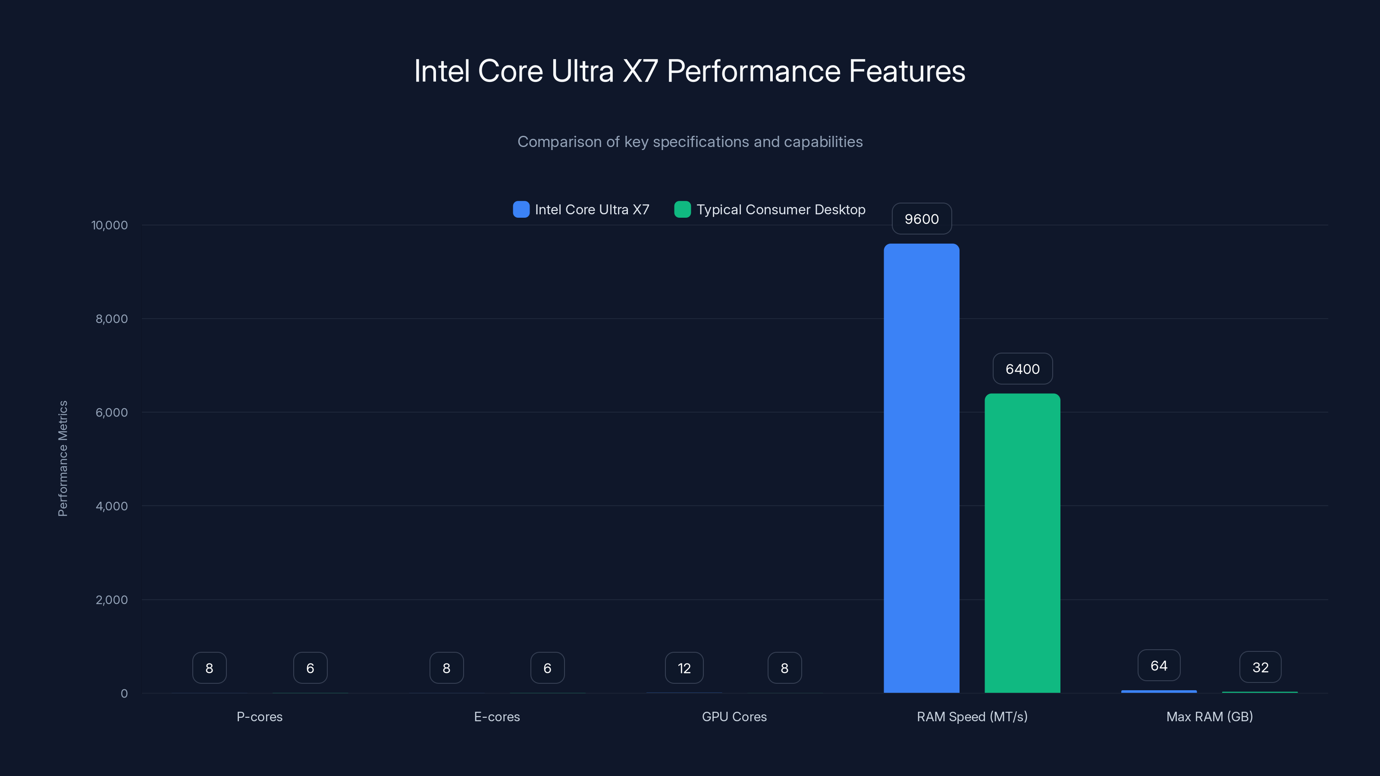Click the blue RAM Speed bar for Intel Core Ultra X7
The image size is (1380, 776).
(x=922, y=469)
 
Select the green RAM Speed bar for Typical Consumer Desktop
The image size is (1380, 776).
(x=1022, y=544)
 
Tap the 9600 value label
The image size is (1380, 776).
(x=922, y=219)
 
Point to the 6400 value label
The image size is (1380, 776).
(x=1022, y=369)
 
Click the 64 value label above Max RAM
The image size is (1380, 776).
(x=1159, y=666)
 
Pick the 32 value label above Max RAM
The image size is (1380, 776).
(x=1260, y=667)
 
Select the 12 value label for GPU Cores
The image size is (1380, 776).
(x=684, y=668)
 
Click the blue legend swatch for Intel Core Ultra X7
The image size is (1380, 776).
(x=521, y=210)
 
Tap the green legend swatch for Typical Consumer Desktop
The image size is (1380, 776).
(x=682, y=210)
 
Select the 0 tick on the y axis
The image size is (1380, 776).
(x=124, y=694)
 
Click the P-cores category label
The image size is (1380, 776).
(x=259, y=717)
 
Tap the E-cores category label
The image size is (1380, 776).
(x=497, y=717)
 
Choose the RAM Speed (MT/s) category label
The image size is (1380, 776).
(x=972, y=717)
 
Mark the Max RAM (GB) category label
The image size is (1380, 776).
(x=1209, y=717)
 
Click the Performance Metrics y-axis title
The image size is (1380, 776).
(x=63, y=458)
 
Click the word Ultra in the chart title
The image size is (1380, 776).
(x=582, y=71)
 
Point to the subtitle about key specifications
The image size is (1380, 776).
(x=690, y=141)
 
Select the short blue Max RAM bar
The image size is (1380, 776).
(x=1159, y=692)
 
